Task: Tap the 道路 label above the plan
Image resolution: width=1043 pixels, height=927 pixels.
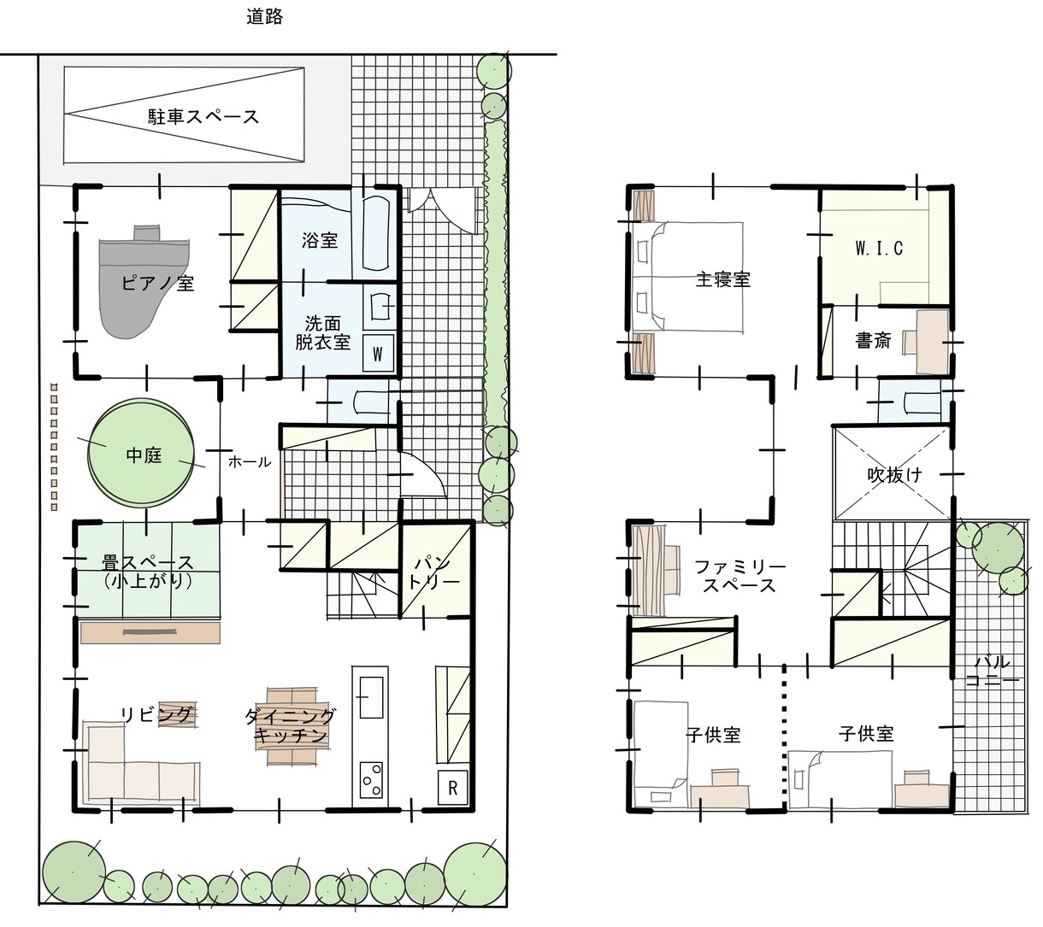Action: [x=264, y=17]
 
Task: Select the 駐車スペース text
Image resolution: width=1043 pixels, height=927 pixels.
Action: [x=203, y=117]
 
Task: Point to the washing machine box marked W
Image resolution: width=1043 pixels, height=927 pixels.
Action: [x=378, y=354]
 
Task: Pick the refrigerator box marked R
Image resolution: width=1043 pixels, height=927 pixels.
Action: [x=452, y=788]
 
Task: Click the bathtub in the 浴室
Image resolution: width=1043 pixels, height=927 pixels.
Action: [x=377, y=233]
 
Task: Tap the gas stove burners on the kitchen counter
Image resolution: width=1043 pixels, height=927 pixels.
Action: [x=371, y=780]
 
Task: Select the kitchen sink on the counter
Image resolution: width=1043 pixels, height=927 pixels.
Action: [x=371, y=697]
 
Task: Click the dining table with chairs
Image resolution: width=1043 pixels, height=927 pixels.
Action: [x=292, y=726]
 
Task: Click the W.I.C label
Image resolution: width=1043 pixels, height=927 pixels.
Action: [x=880, y=249]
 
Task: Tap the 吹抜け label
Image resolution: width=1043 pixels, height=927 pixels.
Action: [x=894, y=474]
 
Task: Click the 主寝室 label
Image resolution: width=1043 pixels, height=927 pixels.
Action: [x=722, y=279]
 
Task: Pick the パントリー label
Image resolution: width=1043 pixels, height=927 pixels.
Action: [x=435, y=572]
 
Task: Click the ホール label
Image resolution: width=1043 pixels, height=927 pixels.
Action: [x=250, y=461]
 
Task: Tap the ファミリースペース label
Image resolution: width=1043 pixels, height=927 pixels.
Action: [x=740, y=577]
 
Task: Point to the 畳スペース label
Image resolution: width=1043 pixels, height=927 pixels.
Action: [x=147, y=562]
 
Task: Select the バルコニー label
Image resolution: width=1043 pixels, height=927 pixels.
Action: [x=992, y=671]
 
